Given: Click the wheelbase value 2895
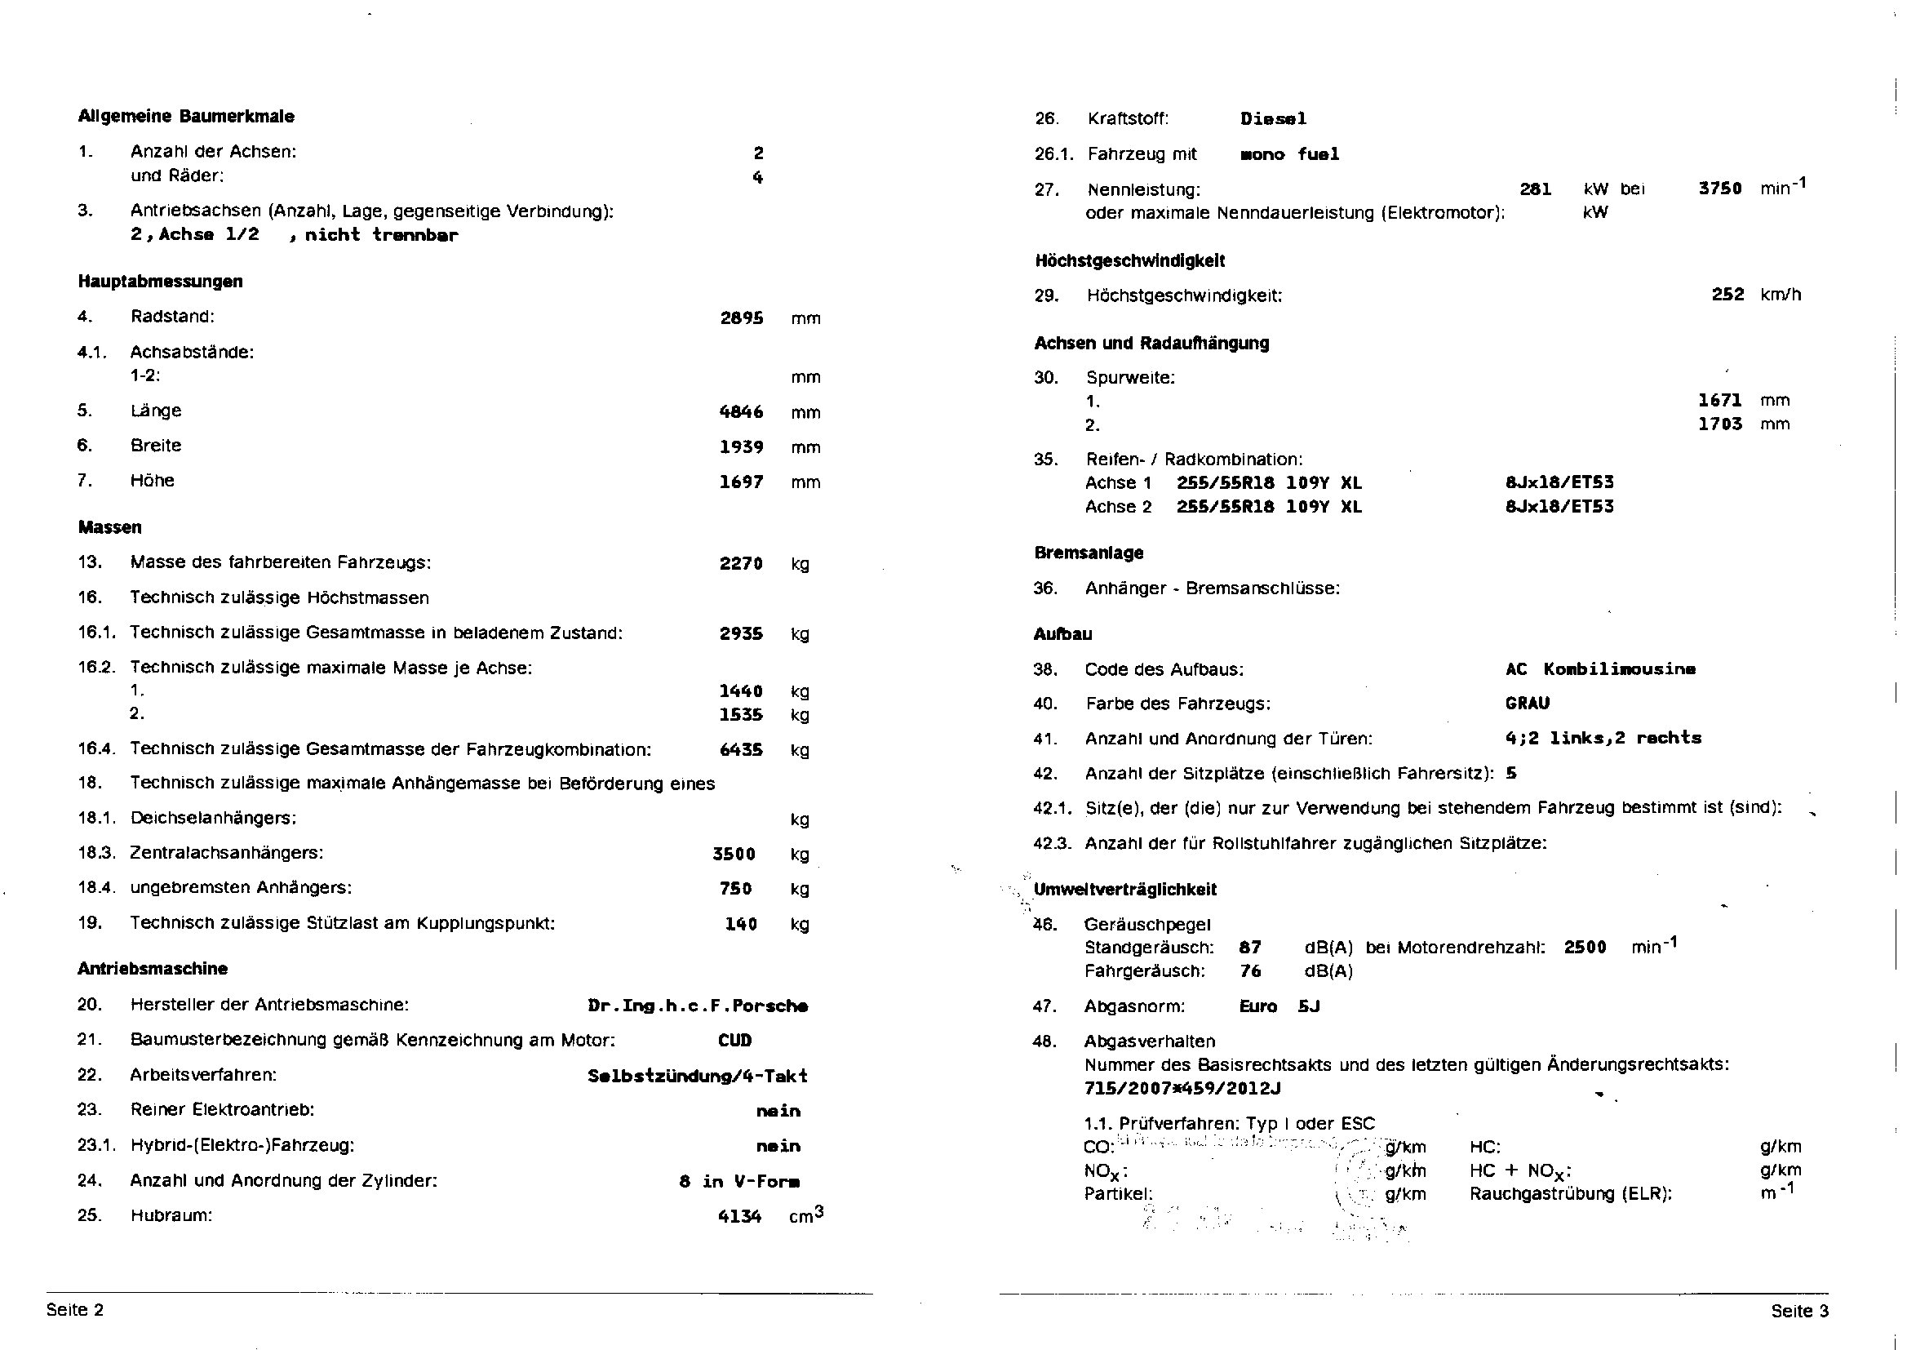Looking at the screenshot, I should pyautogui.click(x=741, y=318).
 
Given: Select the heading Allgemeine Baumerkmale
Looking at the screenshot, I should pyautogui.click(x=186, y=117).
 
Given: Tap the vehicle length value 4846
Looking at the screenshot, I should pyautogui.click(x=741, y=411).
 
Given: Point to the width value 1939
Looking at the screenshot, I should pyautogui.click(x=741, y=447).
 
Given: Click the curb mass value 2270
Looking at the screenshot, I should pyautogui.click(x=741, y=564).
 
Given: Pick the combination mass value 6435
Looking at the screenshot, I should pyautogui.click(x=741, y=750).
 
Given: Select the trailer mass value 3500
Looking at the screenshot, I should pyautogui.click(x=734, y=854).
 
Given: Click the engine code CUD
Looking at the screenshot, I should pyautogui.click(x=734, y=1041).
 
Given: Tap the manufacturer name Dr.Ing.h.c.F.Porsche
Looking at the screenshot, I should pyautogui.click(x=697, y=1006).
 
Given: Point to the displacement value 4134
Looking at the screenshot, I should pyautogui.click(x=739, y=1216).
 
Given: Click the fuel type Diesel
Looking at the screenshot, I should pyautogui.click(x=1273, y=119).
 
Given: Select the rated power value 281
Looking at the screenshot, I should pyautogui.click(x=1536, y=189).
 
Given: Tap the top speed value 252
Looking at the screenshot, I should pyautogui.click(x=1727, y=295).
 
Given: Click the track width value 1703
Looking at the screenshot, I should pyautogui.click(x=1720, y=424).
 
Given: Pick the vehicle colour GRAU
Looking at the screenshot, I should pyautogui.click(x=1528, y=704).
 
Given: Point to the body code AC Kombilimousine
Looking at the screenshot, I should pyautogui.click(x=1600, y=669).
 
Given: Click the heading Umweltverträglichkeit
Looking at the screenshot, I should pyautogui.click(x=1125, y=890).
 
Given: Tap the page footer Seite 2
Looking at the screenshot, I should pyautogui.click(x=75, y=1310).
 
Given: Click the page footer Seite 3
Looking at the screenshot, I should pyautogui.click(x=1800, y=1311).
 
